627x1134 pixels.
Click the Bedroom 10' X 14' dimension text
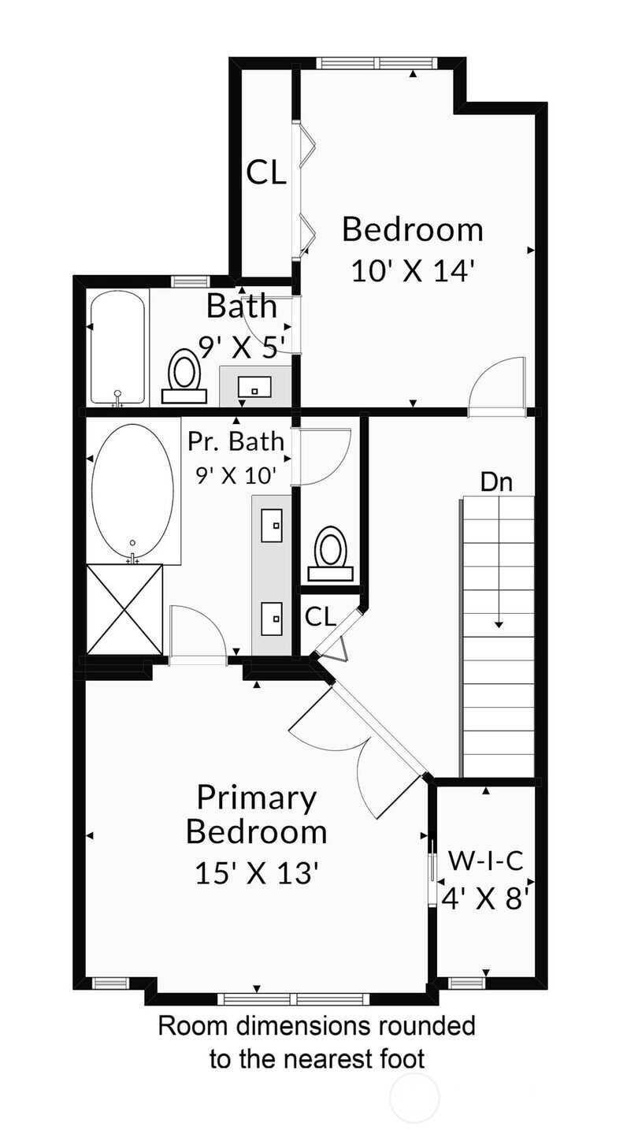coord(414,271)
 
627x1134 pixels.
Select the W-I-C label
coord(486,861)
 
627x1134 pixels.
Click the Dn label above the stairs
coord(496,482)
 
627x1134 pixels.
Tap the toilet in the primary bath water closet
coord(331,553)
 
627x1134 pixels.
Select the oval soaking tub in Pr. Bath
coord(132,493)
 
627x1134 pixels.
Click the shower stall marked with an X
coord(124,609)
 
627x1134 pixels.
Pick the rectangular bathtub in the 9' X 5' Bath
coord(118,348)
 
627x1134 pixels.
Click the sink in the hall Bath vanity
coord(254,388)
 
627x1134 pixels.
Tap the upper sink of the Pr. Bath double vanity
coord(272,525)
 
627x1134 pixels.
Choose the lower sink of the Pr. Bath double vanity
coord(272,618)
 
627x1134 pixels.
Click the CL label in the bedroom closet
coord(266,173)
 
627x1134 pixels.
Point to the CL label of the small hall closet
coord(321,616)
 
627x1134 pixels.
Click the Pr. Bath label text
coord(236,441)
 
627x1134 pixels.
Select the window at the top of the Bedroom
coord(376,63)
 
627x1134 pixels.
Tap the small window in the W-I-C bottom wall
coord(467,983)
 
